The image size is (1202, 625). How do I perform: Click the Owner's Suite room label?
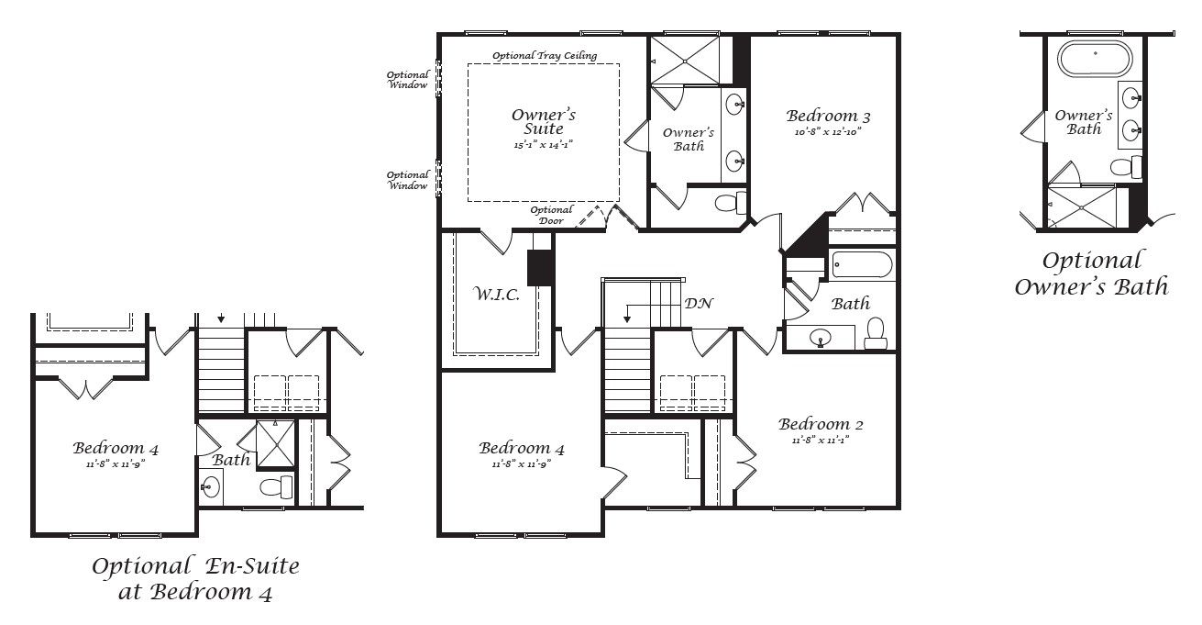(x=543, y=122)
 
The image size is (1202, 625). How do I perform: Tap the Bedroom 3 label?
(x=828, y=117)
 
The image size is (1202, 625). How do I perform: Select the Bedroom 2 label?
(x=821, y=424)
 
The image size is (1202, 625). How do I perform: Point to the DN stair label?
(x=699, y=303)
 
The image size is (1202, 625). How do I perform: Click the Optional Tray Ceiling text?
(x=545, y=56)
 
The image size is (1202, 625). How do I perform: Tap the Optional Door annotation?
(x=551, y=216)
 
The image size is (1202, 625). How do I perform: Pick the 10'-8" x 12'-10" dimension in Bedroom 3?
(x=827, y=131)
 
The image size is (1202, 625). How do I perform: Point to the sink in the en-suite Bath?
(x=211, y=487)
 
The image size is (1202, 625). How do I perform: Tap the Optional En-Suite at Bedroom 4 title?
(x=195, y=578)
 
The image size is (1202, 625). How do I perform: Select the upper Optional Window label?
(x=407, y=80)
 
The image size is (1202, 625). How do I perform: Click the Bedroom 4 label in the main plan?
(x=521, y=449)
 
